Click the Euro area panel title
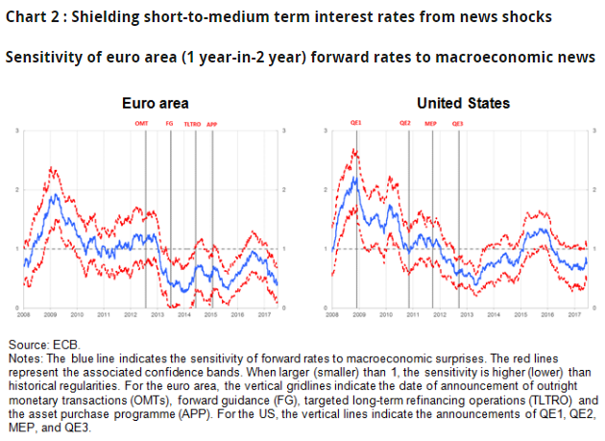point(155,103)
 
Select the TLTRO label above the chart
point(191,124)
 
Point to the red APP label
point(211,124)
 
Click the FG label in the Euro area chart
point(170,124)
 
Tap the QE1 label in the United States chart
point(355,124)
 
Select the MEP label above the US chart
point(431,124)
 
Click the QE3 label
point(457,124)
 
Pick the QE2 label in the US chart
point(406,124)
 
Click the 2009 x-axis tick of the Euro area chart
point(51,314)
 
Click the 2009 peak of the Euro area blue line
point(56,195)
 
